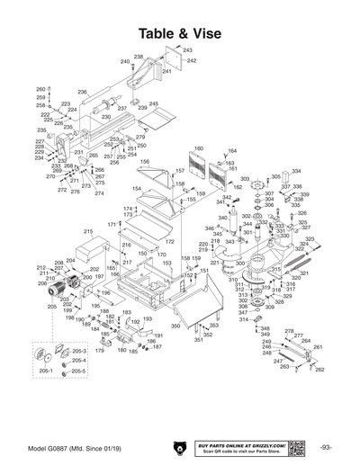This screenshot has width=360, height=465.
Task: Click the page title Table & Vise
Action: [x=180, y=32]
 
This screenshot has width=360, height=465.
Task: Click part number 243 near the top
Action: [x=188, y=50]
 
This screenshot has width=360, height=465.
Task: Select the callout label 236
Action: [x=82, y=92]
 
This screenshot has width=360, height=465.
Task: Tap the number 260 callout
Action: [x=40, y=89]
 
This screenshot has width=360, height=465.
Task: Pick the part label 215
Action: [x=88, y=231]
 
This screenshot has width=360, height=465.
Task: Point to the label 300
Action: [x=240, y=263]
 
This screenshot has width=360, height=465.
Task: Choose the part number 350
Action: [x=176, y=325]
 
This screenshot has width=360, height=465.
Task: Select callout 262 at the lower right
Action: [x=319, y=370]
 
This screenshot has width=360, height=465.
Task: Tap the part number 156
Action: [x=144, y=162]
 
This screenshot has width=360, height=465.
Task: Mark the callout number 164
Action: [x=232, y=151]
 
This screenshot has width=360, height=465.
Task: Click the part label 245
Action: [x=153, y=104]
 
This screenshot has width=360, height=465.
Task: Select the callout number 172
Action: [x=168, y=241]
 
